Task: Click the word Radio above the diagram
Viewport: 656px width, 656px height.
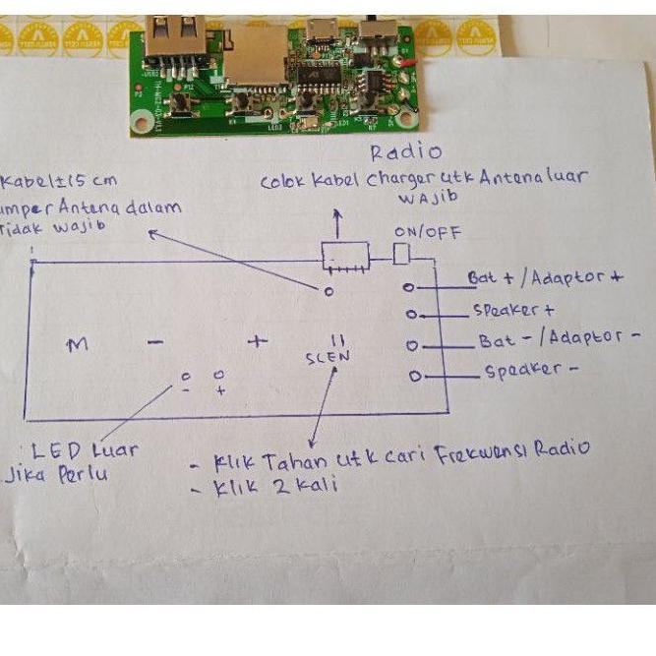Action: [x=405, y=152]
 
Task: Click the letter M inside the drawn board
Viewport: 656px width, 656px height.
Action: [x=77, y=344]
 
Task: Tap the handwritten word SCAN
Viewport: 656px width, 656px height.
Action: [x=328, y=357]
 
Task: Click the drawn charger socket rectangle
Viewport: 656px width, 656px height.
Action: [x=344, y=259]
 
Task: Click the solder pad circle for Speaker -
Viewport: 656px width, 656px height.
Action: [x=415, y=376]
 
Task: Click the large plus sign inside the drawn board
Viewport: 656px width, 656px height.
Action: [x=257, y=342]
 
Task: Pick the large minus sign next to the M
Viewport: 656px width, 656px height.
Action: [x=155, y=342]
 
